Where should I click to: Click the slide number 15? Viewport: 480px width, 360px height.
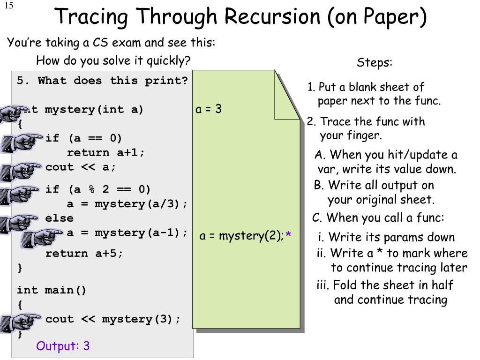[9, 5]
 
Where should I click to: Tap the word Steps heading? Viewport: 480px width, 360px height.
[375, 63]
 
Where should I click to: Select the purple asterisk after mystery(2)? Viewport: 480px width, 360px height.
[288, 235]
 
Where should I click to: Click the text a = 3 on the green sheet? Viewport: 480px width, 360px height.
[209, 109]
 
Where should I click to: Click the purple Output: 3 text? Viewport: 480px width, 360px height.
[63, 346]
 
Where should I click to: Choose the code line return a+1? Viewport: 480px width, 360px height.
[106, 152]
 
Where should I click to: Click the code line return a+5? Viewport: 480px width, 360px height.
[84, 254]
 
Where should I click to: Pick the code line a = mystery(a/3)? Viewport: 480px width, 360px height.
[127, 204]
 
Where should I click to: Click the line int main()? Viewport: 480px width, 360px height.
[52, 290]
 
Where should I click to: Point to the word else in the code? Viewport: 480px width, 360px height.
[60, 218]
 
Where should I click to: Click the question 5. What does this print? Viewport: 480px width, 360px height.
[102, 81]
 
